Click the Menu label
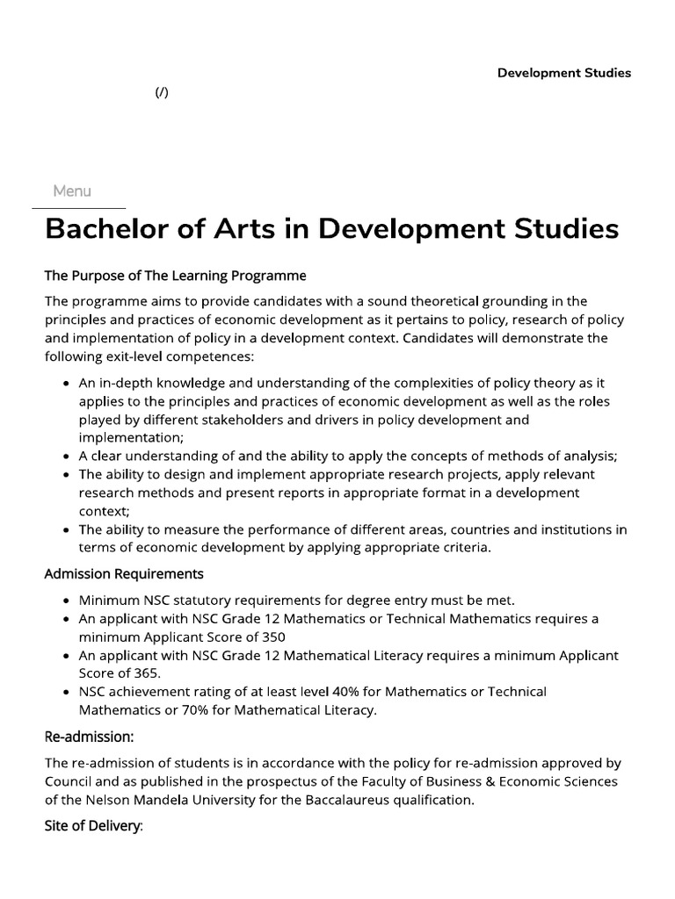72,191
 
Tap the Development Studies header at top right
563,73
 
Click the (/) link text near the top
162,92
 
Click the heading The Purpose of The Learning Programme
175,276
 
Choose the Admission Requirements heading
124,573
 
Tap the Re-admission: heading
89,737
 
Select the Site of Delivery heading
93,827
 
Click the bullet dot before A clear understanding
68,457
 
